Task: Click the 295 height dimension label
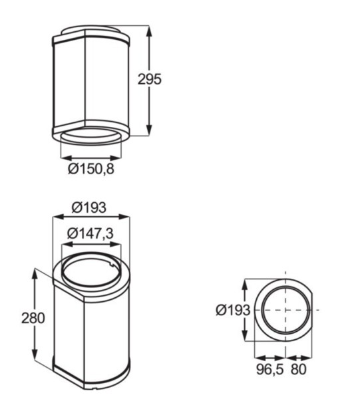pos(150,79)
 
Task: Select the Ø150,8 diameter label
pos(91,170)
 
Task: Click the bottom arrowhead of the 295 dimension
pos(148,132)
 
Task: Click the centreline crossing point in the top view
pos(285,310)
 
